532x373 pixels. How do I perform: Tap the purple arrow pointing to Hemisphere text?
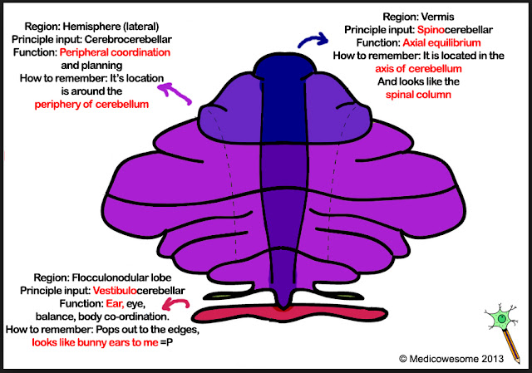175,93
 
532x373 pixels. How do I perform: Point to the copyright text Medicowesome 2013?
451,359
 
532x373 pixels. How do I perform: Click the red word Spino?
431,30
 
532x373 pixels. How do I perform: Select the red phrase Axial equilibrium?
441,42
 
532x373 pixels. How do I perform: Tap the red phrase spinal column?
418,95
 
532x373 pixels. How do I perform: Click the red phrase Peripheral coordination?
115,52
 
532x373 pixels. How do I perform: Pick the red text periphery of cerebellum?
91,105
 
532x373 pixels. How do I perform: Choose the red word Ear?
115,303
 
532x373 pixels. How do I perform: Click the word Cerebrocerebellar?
128,40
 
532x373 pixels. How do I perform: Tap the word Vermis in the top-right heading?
437,17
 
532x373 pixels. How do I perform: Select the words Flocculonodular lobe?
121,277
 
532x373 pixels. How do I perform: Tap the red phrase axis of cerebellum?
418,69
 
